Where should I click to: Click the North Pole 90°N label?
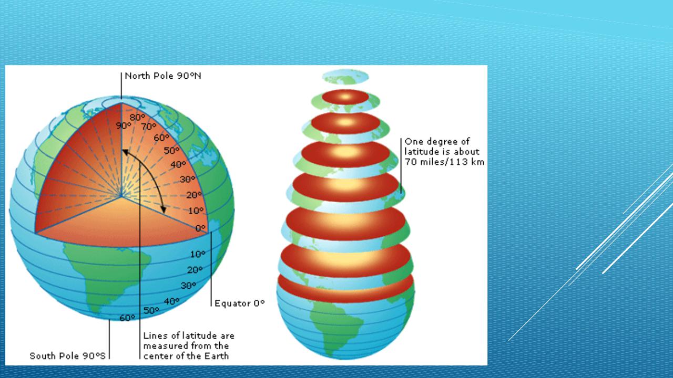point(163,76)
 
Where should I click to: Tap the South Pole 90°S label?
point(68,356)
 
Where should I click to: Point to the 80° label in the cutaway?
point(137,117)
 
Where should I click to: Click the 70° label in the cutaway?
point(149,127)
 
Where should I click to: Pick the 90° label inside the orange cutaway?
point(124,125)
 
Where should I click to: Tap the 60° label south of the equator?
point(127,318)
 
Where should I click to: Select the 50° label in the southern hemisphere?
point(151,310)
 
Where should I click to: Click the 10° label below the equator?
point(198,255)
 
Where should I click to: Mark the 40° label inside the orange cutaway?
point(178,164)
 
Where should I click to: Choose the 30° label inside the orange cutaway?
point(188,180)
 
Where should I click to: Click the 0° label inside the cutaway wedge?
point(200,228)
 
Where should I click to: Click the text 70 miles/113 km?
point(444,162)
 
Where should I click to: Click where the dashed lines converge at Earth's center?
point(121,196)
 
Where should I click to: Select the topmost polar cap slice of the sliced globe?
point(345,77)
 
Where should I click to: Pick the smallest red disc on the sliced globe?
point(345,97)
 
